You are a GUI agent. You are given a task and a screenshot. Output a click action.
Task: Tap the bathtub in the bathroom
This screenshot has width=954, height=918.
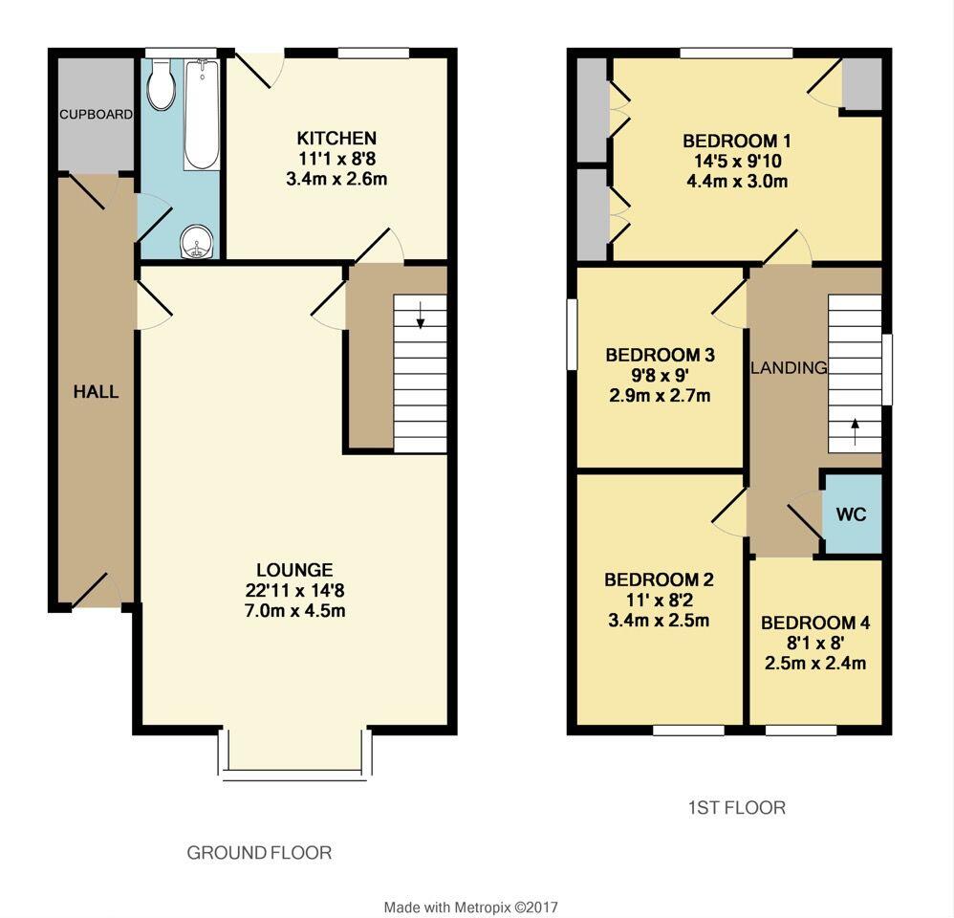202,115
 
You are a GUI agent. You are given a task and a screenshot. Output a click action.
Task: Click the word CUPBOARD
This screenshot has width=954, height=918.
96,115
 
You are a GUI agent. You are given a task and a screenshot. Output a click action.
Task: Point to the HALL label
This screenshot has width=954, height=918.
97,392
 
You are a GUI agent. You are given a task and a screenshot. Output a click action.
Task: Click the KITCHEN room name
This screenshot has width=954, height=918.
336,139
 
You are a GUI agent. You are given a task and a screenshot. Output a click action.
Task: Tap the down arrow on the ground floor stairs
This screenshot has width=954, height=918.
420,320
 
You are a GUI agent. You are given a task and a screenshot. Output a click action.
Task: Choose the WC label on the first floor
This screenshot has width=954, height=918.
851,514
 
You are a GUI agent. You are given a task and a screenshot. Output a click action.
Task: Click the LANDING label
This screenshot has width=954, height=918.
789,368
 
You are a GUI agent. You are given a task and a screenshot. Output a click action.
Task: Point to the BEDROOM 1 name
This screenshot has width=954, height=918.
736,142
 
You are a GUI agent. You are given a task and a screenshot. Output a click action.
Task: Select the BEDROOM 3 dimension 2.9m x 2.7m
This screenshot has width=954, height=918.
660,395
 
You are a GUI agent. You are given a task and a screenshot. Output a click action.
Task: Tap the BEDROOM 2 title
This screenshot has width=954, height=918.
659,579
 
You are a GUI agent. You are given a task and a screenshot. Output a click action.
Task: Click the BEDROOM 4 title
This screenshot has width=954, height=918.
815,623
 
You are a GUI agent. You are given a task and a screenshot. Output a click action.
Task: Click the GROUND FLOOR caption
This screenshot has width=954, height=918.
259,852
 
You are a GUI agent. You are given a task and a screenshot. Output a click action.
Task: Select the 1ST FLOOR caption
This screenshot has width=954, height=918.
737,808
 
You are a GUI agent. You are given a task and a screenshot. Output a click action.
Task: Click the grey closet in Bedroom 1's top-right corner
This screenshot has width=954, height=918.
861,84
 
